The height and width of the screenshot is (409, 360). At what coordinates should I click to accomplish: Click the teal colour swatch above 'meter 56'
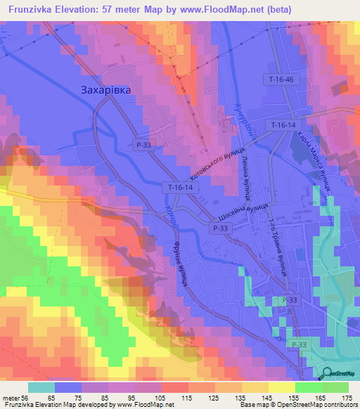[41, 387]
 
